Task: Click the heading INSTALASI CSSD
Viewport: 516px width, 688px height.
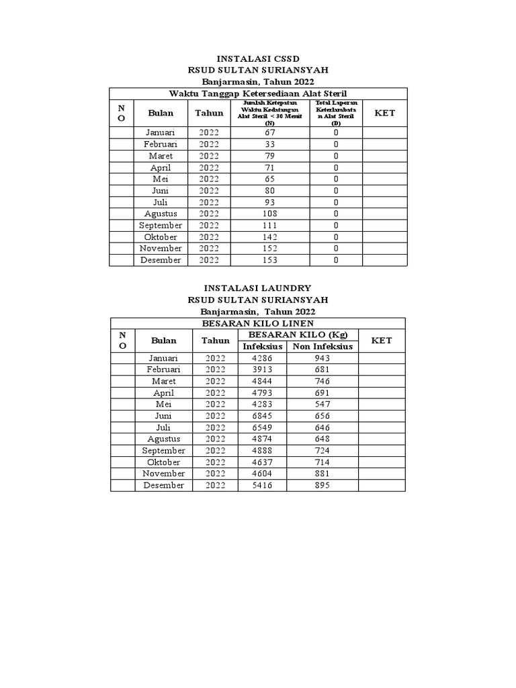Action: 258,60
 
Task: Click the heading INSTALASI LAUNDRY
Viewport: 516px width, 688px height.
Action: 258,288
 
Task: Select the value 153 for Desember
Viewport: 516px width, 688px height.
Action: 270,260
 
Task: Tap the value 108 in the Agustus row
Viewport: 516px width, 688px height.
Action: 270,214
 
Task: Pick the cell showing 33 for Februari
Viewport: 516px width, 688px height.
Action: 270,144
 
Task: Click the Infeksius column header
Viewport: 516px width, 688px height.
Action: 262,346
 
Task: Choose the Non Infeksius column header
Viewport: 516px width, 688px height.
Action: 322,346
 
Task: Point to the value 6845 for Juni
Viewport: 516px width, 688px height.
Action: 262,416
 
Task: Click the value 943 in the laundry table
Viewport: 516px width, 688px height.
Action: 322,358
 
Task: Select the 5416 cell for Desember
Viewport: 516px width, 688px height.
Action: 262,485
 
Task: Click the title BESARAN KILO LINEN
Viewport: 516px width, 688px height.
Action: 258,323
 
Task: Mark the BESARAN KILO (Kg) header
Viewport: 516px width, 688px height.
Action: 298,335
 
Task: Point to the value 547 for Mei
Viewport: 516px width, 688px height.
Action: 322,404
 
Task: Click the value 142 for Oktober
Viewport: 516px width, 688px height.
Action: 270,237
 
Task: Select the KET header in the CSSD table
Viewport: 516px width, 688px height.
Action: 385,113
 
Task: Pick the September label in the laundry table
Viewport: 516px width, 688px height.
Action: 164,451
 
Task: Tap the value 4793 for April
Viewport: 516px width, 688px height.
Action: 262,393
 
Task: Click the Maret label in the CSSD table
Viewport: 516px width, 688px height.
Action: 161,156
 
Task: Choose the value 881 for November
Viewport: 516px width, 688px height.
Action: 322,474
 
